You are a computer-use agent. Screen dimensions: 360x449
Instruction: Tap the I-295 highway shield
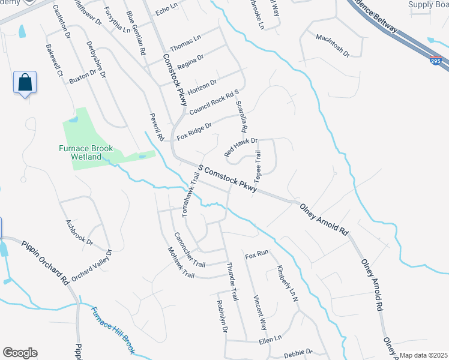tap(436, 61)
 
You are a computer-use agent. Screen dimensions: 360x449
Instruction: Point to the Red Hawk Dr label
tap(241, 147)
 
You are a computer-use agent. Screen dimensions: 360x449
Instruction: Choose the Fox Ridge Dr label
tap(195, 131)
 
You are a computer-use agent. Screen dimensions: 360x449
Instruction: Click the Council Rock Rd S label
tap(214, 103)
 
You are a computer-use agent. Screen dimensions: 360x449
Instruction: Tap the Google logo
tap(20, 353)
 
